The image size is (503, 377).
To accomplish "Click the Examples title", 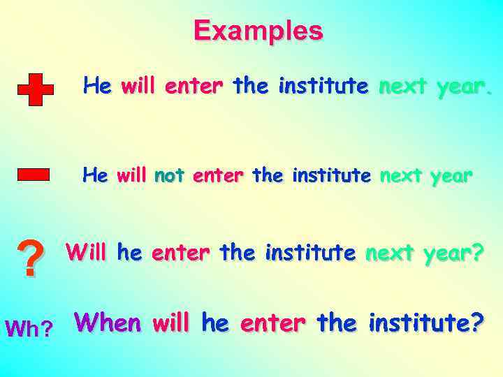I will pyautogui.click(x=258, y=31).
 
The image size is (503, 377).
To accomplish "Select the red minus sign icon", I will pyautogui.click(x=33, y=174).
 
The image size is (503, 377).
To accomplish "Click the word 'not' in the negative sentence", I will pyautogui.click(x=168, y=175).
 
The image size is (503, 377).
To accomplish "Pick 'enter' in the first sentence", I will pyautogui.click(x=194, y=86).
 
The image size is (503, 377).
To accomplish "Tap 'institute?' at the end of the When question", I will pyautogui.click(x=426, y=323).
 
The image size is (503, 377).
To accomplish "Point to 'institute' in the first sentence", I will pyautogui.click(x=323, y=86).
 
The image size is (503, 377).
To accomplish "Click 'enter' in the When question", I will pyautogui.click(x=273, y=324).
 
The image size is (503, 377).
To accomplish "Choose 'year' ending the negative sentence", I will pyautogui.click(x=451, y=177).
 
